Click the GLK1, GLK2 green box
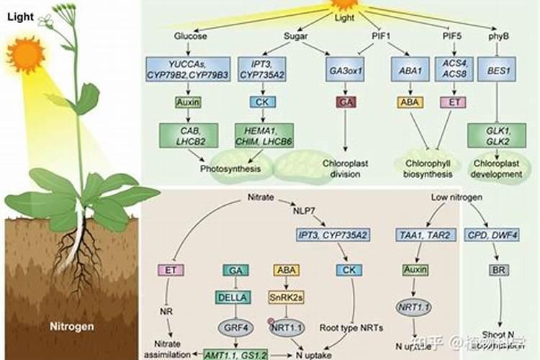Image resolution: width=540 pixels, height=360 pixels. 495,135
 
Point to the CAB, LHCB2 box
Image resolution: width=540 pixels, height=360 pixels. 189,135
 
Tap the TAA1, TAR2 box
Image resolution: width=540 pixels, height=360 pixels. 410,235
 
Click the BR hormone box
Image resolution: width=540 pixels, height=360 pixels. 498,270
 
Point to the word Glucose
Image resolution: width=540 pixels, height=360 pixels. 190,37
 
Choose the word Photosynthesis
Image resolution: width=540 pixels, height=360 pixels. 227,169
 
